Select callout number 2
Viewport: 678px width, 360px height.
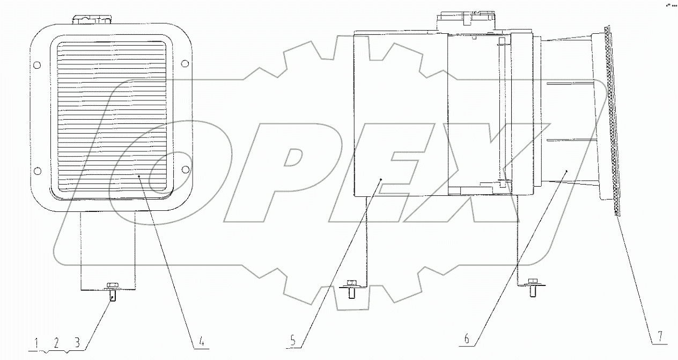click(x=57, y=342)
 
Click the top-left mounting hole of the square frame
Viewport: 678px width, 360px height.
click(x=36, y=65)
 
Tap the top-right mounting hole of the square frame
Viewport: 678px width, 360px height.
click(x=185, y=65)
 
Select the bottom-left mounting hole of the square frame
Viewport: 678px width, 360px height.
click(x=36, y=171)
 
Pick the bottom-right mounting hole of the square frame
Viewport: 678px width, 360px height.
click(x=185, y=170)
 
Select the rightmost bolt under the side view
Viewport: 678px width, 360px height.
click(x=533, y=286)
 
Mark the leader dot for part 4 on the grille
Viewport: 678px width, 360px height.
click(x=138, y=176)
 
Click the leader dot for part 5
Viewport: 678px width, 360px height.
click(x=380, y=179)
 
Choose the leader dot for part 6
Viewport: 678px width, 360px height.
click(x=566, y=170)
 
